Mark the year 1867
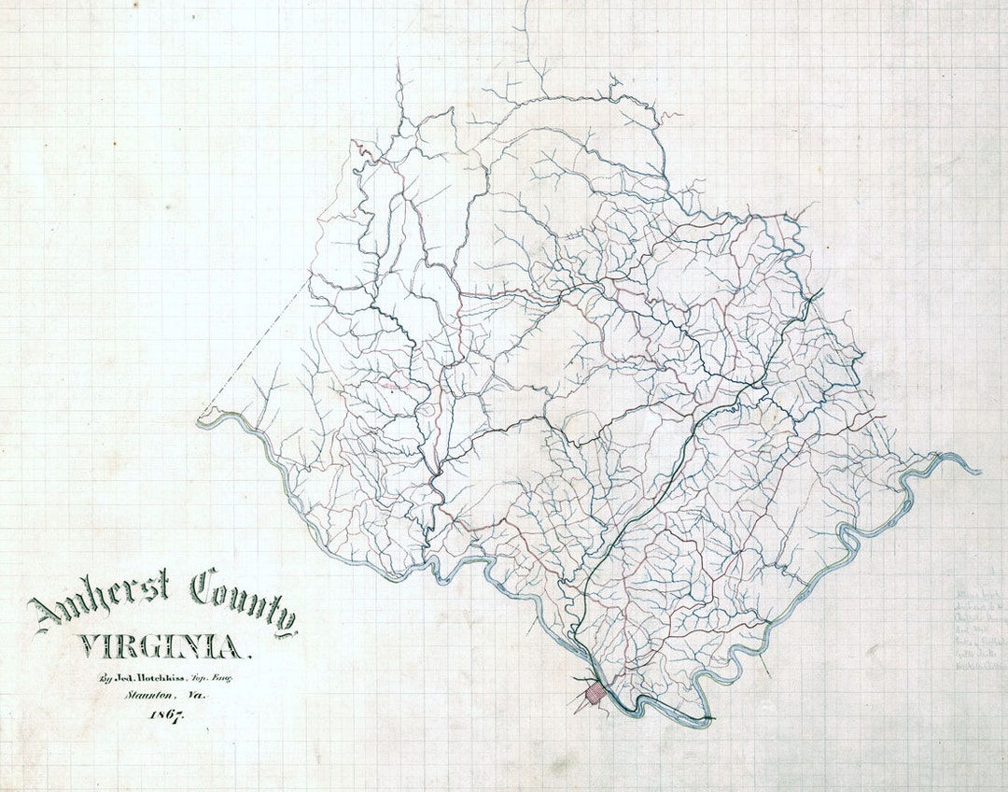(164, 715)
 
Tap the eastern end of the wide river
(975, 470)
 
